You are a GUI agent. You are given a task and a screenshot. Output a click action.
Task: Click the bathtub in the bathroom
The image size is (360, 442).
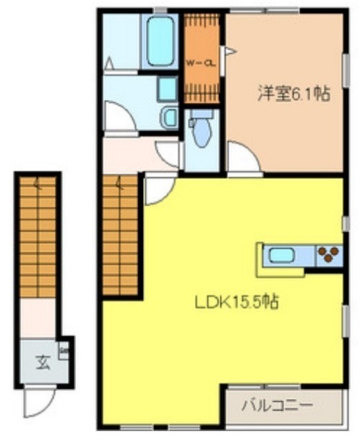pos(160,41)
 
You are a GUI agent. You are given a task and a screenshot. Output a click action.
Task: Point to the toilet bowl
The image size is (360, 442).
pos(200,132)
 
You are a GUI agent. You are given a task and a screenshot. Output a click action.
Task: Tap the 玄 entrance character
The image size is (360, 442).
pos(43,360)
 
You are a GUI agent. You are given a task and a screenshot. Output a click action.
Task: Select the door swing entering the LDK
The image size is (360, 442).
pos(158,189)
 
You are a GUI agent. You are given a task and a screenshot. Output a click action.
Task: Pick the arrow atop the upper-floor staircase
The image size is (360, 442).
pos(120,184)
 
